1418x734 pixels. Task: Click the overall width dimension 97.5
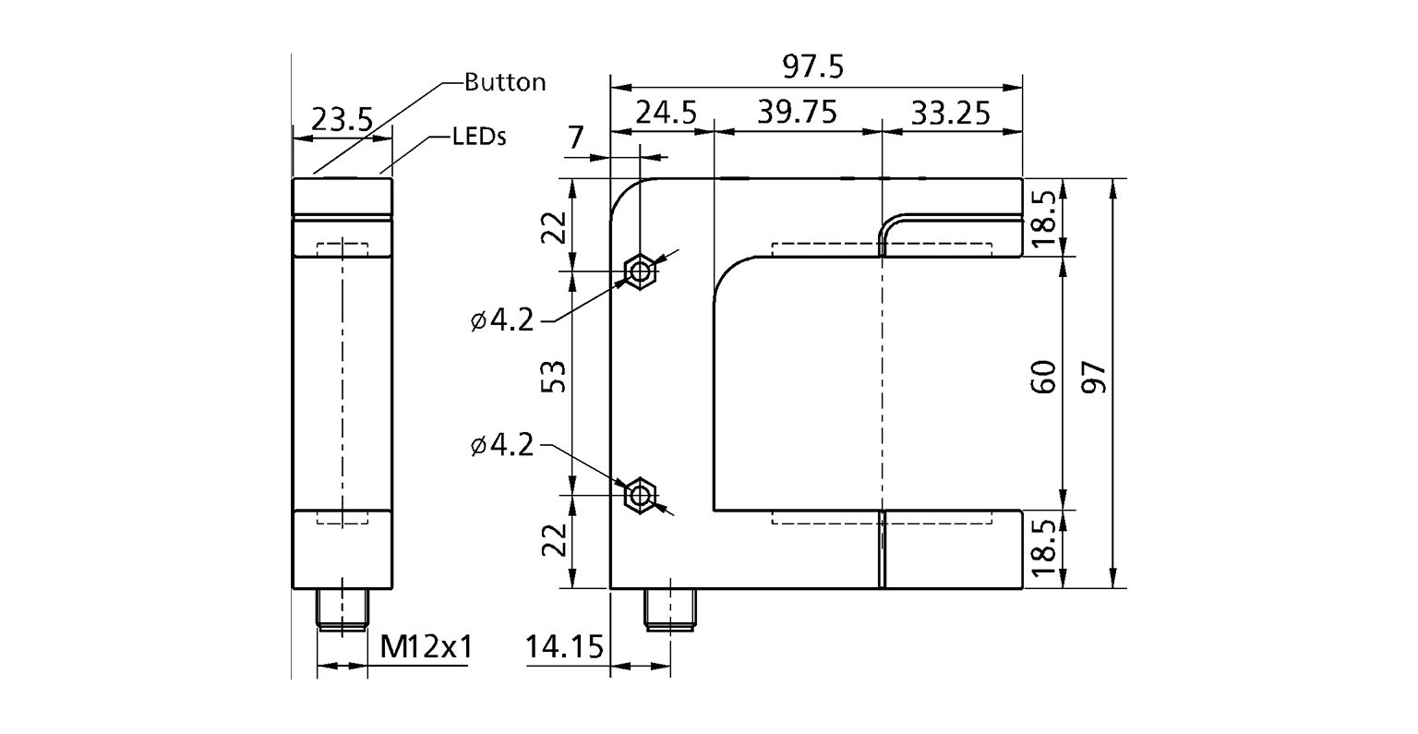click(813, 68)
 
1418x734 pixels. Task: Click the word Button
click(505, 82)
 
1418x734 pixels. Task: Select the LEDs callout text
click(480, 137)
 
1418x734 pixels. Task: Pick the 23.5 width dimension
click(341, 119)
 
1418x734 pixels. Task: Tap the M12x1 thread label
click(426, 647)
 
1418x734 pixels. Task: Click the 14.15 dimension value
click(564, 647)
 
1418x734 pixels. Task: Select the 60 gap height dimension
click(1042, 379)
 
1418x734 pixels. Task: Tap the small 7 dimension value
click(575, 138)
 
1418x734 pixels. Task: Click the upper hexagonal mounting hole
click(639, 271)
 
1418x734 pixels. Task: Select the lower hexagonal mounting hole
click(639, 496)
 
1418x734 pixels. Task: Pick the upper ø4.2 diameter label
click(502, 320)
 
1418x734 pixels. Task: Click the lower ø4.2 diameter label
click(502, 446)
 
